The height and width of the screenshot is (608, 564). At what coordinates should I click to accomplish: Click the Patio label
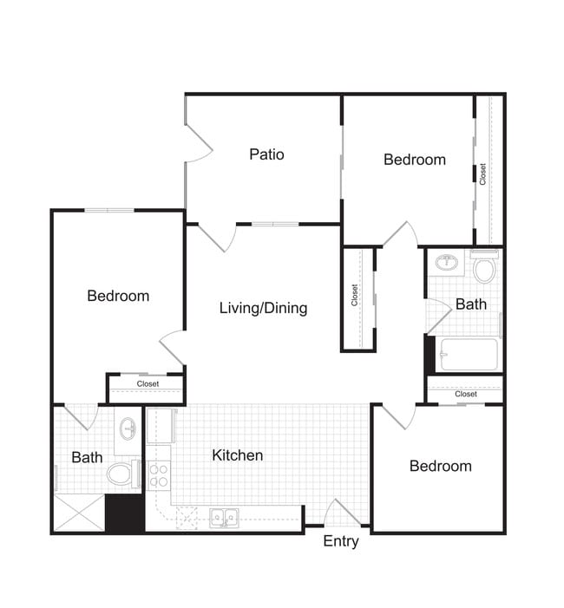[266, 154]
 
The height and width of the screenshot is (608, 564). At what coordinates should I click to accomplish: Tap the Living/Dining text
[263, 308]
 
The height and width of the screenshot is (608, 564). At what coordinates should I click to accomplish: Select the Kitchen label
[238, 454]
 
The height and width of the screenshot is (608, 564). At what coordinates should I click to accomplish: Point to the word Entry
[341, 541]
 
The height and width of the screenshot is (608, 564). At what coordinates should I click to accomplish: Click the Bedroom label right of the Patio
[415, 160]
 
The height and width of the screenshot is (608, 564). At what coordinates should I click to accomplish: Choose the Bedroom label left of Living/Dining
[118, 296]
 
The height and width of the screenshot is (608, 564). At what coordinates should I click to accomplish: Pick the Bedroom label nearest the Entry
[441, 466]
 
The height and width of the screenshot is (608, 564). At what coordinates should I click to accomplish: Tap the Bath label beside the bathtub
[471, 304]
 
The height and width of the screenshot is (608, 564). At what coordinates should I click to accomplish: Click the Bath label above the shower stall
[87, 456]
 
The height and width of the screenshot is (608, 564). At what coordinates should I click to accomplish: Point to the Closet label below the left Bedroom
[148, 383]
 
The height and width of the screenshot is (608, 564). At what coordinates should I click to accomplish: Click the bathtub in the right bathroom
[469, 354]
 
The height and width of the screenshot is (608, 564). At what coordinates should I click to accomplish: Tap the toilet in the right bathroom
[484, 268]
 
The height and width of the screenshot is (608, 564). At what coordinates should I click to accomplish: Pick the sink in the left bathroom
[128, 428]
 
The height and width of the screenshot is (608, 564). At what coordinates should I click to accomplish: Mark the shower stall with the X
[79, 513]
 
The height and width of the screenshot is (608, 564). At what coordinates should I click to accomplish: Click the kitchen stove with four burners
[159, 476]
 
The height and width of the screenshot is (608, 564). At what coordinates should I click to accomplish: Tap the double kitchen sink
[224, 518]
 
